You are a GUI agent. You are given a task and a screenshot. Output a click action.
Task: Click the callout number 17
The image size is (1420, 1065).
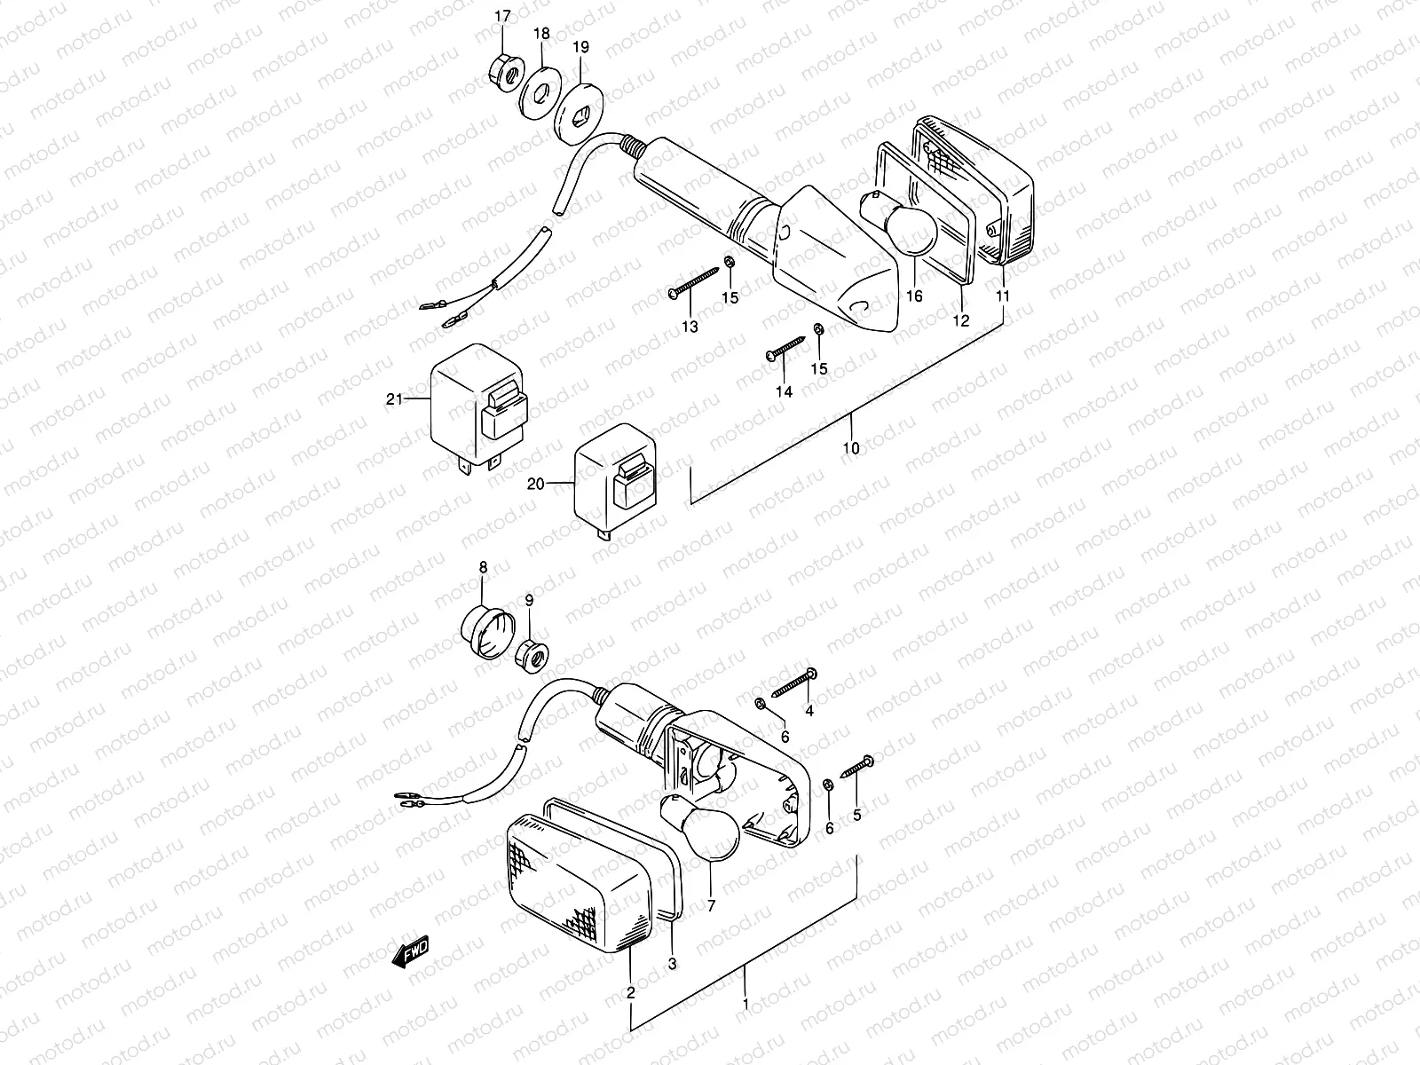(x=503, y=16)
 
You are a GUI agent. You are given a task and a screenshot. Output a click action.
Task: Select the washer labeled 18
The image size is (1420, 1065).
(x=536, y=91)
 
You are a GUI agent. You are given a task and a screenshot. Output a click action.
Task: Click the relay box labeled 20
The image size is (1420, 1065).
(x=614, y=485)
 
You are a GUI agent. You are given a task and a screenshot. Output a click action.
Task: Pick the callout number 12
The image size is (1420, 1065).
(x=961, y=320)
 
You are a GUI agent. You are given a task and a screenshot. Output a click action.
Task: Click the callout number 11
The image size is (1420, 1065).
(x=1003, y=296)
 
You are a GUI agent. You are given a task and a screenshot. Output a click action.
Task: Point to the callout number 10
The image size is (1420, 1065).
(x=851, y=449)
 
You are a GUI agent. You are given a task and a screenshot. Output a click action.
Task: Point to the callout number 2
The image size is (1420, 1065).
(x=631, y=993)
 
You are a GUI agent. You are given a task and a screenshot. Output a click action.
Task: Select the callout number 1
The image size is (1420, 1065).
(x=745, y=1005)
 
